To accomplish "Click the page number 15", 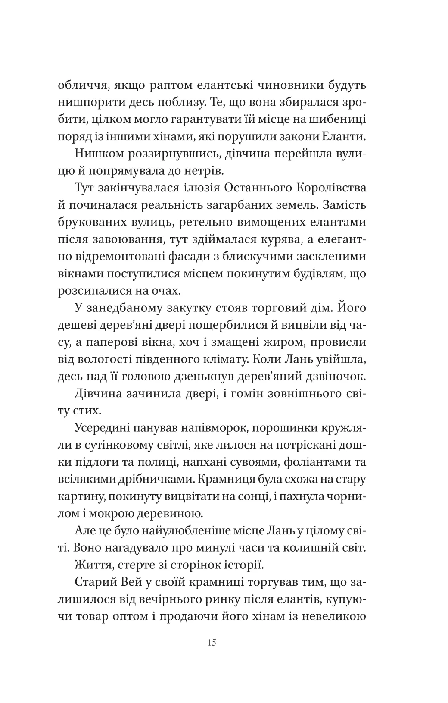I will point(212,643).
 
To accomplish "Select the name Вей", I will point(144,582).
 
